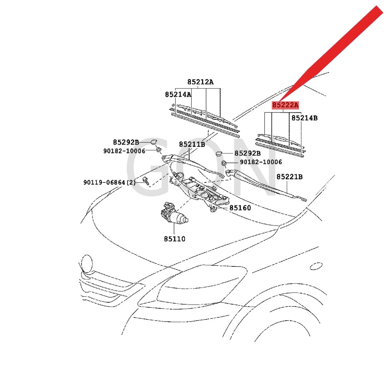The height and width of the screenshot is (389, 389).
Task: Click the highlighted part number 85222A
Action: pos(285,105)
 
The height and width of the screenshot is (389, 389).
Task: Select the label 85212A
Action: pos(200,82)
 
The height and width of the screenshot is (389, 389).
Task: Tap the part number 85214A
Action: pos(178,94)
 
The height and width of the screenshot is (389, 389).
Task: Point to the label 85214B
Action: pos(304,118)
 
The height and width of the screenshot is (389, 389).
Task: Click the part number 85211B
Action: pos(192,144)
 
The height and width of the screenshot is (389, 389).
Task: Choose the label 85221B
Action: pos(289,177)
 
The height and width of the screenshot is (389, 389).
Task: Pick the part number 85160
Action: pos(240,208)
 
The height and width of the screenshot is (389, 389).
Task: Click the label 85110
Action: pos(174,239)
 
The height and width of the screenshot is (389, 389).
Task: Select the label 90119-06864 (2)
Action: pos(110,183)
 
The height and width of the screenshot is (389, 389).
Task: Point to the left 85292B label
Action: pos(126,142)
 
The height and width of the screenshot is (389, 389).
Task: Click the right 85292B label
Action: pos(247,153)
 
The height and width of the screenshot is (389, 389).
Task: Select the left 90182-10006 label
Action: pos(124,151)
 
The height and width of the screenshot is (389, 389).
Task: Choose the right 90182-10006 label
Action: pos(261,162)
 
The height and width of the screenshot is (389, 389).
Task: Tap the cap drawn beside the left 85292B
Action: pos(154,141)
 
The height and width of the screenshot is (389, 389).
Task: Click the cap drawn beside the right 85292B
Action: pos(219,153)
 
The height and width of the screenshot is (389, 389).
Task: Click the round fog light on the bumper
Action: pos(87,263)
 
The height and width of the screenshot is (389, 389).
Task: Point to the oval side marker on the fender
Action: pos(316,266)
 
